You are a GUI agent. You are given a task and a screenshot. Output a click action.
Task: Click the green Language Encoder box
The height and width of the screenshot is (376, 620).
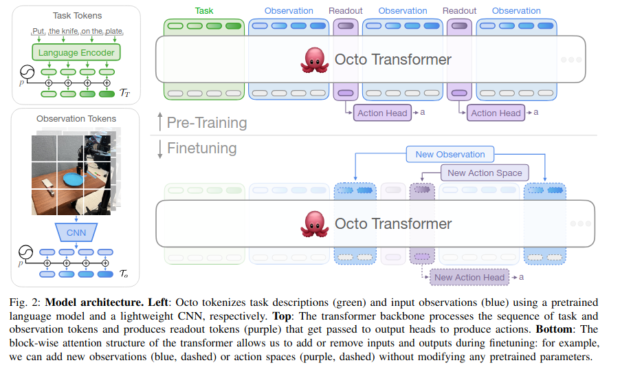pos(76,52)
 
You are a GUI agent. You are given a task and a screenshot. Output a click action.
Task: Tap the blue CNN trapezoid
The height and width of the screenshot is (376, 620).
pos(76,232)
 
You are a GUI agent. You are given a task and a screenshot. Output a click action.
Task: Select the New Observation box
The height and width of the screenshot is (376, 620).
pos(450,154)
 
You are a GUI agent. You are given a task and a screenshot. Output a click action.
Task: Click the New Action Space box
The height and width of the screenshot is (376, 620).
pos(485,173)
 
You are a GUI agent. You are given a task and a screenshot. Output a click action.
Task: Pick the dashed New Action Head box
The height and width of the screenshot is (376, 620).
pos(469,278)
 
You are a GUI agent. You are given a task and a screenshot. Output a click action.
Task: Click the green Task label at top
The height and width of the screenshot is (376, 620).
pos(204,11)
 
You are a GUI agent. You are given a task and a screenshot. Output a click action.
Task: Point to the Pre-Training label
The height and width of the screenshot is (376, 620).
pos(207,123)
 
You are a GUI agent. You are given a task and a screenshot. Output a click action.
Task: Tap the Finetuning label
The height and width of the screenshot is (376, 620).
pos(201,148)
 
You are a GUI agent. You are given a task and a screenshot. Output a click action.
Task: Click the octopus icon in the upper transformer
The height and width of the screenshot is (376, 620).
pos(315,60)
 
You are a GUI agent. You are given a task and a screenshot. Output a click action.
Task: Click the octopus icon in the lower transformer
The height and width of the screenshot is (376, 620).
pos(315,224)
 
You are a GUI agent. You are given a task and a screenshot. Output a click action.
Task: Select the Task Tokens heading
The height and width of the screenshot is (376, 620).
pos(76,15)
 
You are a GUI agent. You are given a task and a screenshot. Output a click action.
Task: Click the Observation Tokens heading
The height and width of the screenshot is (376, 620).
pos(76,119)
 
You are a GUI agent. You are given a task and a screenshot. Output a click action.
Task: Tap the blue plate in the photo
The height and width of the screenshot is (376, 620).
pos(71,179)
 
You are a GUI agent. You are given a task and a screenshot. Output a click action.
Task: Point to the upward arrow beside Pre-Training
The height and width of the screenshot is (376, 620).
pos(159,123)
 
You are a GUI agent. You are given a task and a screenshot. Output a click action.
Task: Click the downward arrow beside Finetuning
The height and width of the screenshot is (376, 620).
pos(159,148)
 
